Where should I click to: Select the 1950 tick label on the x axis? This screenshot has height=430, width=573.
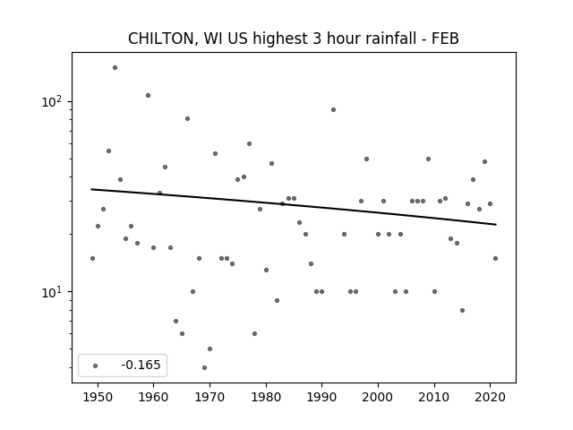pyautogui.click(x=98, y=398)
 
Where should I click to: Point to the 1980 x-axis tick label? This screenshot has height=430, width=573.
pyautogui.click(x=266, y=398)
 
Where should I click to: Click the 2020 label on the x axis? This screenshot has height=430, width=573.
pyautogui.click(x=490, y=398)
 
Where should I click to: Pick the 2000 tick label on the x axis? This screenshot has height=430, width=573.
pyautogui.click(x=378, y=398)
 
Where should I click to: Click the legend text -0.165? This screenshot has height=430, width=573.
pyautogui.click(x=141, y=365)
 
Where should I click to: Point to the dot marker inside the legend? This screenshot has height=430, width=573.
pyautogui.click(x=96, y=365)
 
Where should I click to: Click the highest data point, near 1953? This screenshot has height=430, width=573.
pyautogui.click(x=115, y=68)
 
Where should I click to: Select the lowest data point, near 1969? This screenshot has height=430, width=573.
pyautogui.click(x=205, y=367)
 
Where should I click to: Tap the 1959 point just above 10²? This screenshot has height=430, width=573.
pyautogui.click(x=148, y=96)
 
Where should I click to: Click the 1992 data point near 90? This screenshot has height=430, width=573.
pyautogui.click(x=333, y=109)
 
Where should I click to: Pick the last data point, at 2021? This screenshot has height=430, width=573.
pyautogui.click(x=495, y=259)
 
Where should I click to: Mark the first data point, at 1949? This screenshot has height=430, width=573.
pyautogui.click(x=92, y=259)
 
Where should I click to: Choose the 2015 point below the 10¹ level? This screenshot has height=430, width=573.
pyautogui.click(x=462, y=311)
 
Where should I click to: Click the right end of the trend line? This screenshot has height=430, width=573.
pyautogui.click(x=496, y=225)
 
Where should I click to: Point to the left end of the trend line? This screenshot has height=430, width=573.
pyautogui.click(x=91, y=189)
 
